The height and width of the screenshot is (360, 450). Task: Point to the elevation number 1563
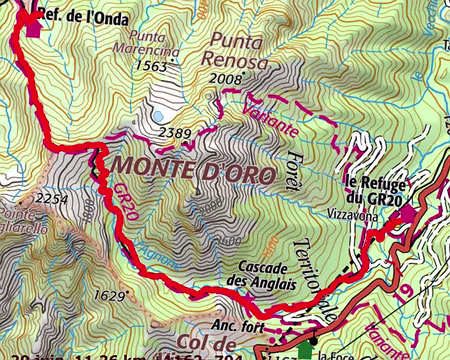point(151,65)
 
